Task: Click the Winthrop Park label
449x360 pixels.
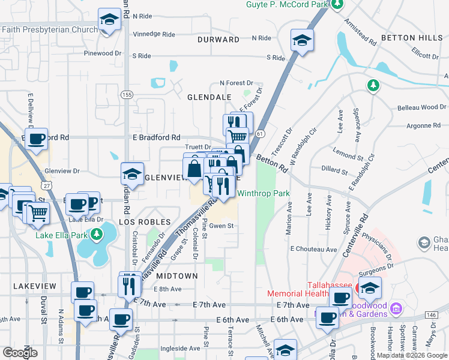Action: pos(264,194)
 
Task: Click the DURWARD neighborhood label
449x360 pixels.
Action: pos(218,40)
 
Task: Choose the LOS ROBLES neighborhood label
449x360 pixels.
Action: pos(141,222)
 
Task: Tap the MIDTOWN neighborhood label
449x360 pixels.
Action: pos(177,276)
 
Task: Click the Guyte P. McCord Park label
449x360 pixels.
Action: pos(287,5)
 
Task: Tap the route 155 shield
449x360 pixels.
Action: pos(127,95)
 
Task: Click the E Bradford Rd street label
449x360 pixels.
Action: pos(157,137)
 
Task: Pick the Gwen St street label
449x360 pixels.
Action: pos(221,226)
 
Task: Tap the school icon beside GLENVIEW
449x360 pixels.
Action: pos(132,173)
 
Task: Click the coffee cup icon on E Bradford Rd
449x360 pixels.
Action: pos(37,139)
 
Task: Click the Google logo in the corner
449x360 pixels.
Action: pos(20,353)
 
